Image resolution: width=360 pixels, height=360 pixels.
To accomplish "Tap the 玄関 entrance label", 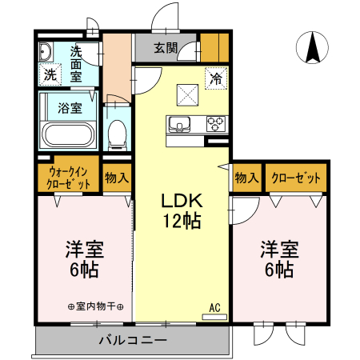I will click(x=166, y=47).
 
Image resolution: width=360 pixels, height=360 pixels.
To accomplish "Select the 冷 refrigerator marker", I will click(x=216, y=78).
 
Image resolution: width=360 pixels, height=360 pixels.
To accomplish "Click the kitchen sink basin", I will click(x=178, y=123).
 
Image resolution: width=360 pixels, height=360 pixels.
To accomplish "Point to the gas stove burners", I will click(x=216, y=124).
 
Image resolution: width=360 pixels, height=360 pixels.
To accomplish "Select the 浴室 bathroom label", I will click(x=69, y=107).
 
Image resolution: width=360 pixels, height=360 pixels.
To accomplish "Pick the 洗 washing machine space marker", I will click(x=50, y=76).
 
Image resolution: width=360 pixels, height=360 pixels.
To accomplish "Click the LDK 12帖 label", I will click(x=182, y=210).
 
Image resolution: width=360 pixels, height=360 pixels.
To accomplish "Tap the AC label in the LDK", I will click(x=214, y=306).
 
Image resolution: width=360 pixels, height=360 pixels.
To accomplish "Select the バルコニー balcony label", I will click(x=132, y=340).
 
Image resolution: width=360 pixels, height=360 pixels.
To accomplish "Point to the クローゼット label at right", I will click(x=297, y=178).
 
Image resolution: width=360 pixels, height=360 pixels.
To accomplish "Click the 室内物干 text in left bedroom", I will click(x=96, y=306).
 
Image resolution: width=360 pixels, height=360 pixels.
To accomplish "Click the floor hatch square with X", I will click(x=187, y=94).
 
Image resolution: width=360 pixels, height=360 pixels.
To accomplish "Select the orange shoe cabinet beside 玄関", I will click(x=214, y=47).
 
